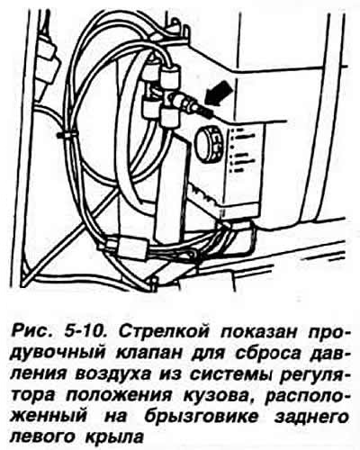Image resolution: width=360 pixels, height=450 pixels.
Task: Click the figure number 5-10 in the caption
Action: tap(84, 332)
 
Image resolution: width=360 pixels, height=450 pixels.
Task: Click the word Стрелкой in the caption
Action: tap(164, 332)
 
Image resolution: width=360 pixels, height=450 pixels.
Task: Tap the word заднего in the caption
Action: tap(312, 418)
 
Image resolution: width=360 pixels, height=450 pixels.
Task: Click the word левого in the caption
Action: tap(44, 437)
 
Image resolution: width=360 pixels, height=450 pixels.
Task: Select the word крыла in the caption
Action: tap(113, 438)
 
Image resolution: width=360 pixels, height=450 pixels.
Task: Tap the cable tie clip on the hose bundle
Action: tap(66, 135)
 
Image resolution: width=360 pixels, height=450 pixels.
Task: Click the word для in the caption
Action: tap(208, 354)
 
